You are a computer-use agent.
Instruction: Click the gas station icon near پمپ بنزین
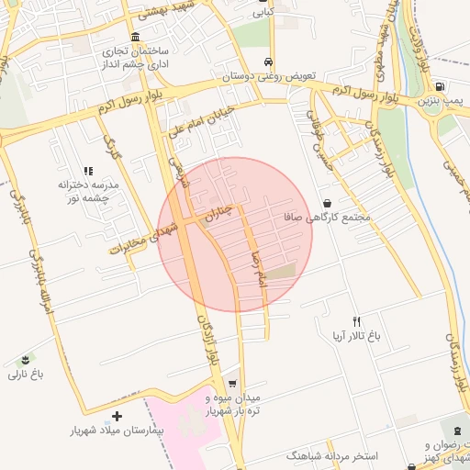442,87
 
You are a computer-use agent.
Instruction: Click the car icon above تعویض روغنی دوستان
267,62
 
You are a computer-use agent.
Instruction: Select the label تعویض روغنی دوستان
266,77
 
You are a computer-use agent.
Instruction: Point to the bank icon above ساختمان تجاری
136,38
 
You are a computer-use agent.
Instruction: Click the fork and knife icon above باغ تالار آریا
356,321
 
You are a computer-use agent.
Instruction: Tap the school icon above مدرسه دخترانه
89,171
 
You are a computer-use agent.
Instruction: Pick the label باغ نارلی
26,374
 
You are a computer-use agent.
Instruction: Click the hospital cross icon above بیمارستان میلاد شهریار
117,416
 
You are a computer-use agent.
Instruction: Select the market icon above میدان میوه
232,384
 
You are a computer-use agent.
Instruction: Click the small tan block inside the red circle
284,271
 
